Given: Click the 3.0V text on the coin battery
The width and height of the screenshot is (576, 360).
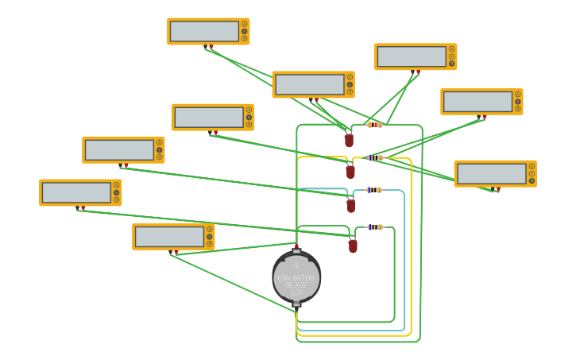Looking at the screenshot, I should click(x=296, y=292).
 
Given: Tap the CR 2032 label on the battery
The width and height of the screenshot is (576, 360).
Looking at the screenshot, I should click(x=296, y=285).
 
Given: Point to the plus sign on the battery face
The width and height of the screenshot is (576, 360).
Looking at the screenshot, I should click(x=296, y=267).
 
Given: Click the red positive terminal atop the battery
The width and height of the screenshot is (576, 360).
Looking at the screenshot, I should click(x=296, y=248).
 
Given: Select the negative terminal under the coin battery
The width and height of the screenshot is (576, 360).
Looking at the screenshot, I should click(x=296, y=304).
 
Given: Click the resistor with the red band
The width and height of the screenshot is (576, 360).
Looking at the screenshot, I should click(x=374, y=125).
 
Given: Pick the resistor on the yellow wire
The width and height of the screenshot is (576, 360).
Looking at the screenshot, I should click(x=374, y=157).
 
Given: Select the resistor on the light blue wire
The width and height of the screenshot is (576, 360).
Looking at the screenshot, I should click(x=373, y=190).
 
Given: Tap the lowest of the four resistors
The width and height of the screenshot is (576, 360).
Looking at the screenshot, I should click(x=374, y=227).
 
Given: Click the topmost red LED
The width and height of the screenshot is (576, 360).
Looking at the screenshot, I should click(x=349, y=141).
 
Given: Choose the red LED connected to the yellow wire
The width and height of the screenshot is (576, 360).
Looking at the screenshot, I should click(x=350, y=172).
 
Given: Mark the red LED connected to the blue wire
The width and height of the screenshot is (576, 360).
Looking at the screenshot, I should click(x=351, y=206).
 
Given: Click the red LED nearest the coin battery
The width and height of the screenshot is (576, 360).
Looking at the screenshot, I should click(x=353, y=246).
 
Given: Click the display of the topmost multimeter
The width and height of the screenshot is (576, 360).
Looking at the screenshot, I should click(x=204, y=31).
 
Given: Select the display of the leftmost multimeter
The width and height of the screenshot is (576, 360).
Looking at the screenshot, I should click(x=76, y=192).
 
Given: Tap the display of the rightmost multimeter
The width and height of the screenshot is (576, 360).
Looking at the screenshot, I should click(x=491, y=173).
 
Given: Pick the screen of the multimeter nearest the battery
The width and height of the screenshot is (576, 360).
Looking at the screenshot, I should click(x=169, y=236).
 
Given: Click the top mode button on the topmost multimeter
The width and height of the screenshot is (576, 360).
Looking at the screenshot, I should click(x=244, y=24).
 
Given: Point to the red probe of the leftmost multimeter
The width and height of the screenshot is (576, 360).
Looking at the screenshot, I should click(x=83, y=207).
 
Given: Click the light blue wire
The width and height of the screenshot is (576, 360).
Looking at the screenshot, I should click(x=404, y=262).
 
